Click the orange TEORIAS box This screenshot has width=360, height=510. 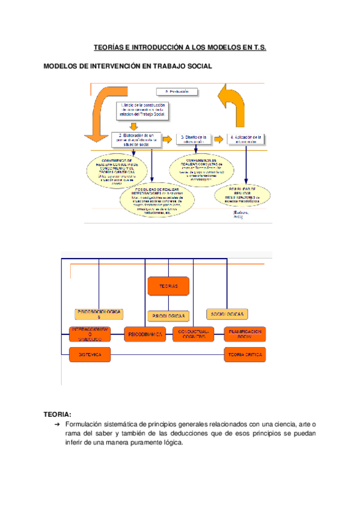pos(168,286)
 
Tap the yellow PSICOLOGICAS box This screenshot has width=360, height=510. pos(168,315)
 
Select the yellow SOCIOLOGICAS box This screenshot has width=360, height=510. pos(228,314)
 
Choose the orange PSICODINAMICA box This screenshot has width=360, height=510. pos(145,334)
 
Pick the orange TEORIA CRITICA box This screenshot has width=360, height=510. pos(245,355)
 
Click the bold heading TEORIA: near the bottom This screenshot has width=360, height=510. pos(58,414)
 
